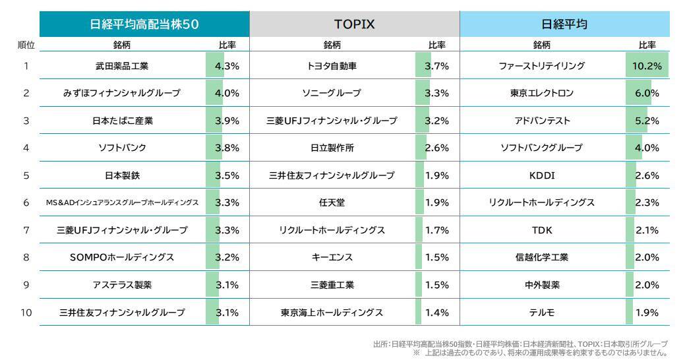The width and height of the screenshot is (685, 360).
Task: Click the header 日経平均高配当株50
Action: [x=144, y=24]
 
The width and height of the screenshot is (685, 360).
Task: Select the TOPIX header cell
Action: [x=354, y=24]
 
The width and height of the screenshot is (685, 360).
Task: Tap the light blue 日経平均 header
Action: [x=564, y=24]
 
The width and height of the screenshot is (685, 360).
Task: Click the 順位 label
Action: [x=26, y=45]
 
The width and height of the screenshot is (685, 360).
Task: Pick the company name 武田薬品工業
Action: [x=122, y=66]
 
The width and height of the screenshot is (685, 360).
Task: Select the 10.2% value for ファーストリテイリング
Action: [x=647, y=66]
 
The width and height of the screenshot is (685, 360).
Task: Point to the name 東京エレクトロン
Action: [x=542, y=93]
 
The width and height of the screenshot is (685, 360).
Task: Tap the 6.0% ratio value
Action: [x=647, y=93]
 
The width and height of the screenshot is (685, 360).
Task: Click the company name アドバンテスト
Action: [x=542, y=121]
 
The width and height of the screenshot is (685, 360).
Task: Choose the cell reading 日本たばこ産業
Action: [x=122, y=121]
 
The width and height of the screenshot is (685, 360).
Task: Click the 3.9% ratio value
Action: [x=227, y=121]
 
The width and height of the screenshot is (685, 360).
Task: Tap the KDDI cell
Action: [x=542, y=175]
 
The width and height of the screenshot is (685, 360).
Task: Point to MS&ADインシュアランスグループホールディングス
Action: [x=122, y=202]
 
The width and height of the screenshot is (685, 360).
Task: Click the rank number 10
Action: [x=26, y=312]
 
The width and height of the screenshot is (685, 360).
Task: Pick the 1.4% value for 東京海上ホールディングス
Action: [x=436, y=312]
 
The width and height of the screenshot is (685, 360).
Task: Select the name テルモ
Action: [x=542, y=312]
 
